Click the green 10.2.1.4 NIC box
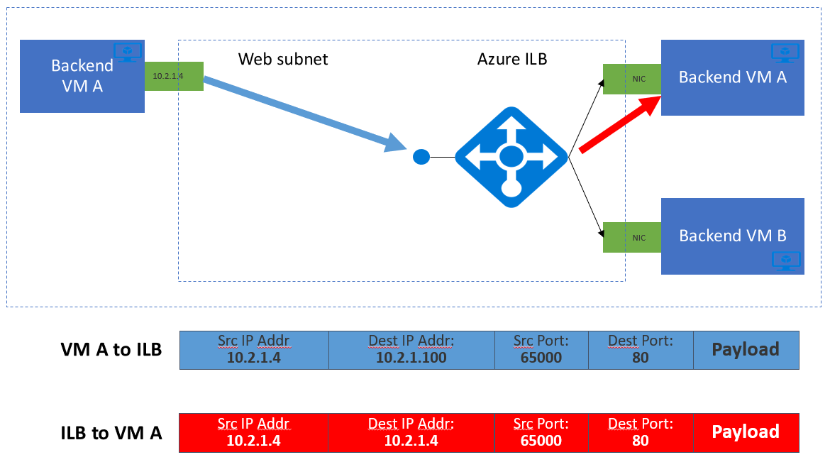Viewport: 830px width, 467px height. (x=174, y=75)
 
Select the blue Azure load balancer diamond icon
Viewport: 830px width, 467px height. (x=511, y=157)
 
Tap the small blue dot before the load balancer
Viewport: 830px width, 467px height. (x=421, y=157)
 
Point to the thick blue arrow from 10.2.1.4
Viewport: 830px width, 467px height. (x=298, y=114)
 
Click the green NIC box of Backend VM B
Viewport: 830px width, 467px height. (x=631, y=237)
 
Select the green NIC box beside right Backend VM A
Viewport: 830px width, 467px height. (x=631, y=79)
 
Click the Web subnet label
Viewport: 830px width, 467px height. (x=283, y=59)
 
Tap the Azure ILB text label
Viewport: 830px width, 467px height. (x=512, y=59)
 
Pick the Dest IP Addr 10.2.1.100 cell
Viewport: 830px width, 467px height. (x=411, y=349)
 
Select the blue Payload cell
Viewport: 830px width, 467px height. (x=746, y=349)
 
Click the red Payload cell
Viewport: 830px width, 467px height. (x=746, y=432)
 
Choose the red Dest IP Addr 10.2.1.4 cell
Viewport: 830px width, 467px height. (x=411, y=432)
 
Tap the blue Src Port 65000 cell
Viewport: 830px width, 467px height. (x=541, y=349)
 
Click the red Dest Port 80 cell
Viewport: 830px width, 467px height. (x=640, y=432)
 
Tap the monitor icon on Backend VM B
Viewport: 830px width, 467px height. (x=785, y=260)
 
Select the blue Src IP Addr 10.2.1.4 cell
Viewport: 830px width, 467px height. (x=254, y=349)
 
